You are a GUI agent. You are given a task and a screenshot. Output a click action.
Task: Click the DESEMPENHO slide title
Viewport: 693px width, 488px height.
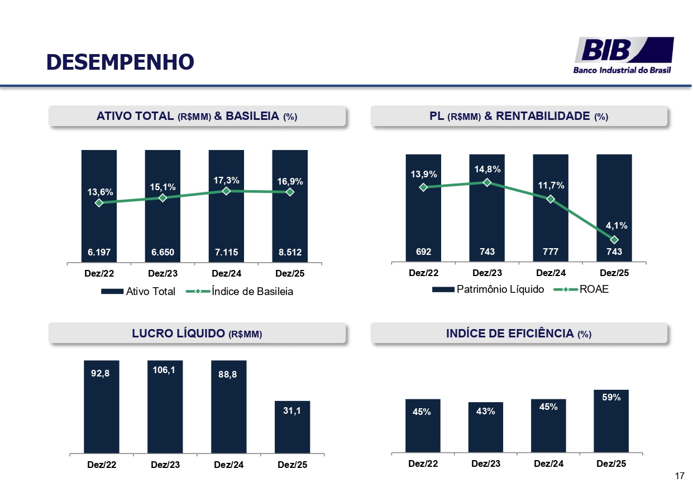pos(120,62)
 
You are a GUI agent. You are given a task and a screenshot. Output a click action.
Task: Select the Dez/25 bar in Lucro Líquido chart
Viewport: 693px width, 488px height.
pos(292,427)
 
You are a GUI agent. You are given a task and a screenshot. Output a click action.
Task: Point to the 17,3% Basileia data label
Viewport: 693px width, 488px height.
pos(226,180)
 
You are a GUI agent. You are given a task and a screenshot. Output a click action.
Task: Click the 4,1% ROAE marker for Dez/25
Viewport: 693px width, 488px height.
pos(614,240)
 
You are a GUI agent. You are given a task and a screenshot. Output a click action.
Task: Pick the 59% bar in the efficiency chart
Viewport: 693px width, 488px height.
pos(611,421)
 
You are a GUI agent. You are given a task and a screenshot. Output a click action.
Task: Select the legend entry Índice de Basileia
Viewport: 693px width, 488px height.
pos(246,292)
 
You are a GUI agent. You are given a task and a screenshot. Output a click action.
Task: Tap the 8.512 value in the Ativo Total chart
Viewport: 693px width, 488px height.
pos(290,252)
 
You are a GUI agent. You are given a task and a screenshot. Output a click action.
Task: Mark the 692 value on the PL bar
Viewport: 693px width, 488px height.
pos(423,252)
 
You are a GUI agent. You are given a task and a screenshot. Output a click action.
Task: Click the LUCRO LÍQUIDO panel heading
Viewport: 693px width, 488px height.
pos(197,334)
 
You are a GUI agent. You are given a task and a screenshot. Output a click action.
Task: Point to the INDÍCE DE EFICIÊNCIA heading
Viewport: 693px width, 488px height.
pos(518,334)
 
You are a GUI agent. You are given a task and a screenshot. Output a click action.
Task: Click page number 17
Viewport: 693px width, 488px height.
pos(679,476)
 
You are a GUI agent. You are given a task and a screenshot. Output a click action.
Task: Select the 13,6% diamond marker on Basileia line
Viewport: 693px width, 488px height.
pos(99,203)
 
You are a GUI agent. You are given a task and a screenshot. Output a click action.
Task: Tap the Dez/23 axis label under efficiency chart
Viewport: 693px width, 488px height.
pos(485,463)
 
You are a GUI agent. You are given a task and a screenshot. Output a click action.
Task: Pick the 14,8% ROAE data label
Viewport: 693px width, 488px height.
pos(487,169)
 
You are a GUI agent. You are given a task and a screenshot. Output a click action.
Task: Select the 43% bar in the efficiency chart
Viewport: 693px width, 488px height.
pos(485,427)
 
